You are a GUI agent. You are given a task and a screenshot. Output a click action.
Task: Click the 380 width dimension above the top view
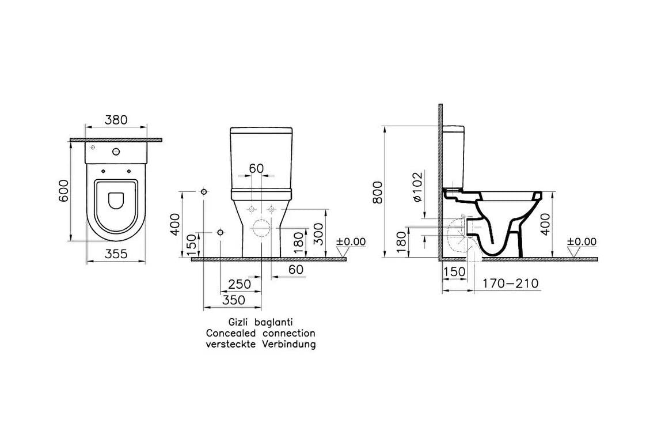coord(116,120)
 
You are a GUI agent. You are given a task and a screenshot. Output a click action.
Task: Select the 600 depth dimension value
coord(63,191)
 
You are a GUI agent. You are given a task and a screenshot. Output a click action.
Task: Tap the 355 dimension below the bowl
coord(116,254)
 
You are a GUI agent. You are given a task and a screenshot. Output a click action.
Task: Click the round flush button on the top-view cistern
coord(116,152)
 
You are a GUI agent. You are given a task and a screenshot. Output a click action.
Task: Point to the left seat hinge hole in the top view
coord(102,171)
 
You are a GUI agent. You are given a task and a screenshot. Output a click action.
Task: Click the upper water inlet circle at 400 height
coord(203,192)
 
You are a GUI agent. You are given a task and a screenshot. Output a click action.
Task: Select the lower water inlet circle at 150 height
coord(221,233)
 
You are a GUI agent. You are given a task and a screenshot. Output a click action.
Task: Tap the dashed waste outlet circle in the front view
coord(261,228)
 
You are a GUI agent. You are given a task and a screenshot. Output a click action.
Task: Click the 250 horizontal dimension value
coord(240,284)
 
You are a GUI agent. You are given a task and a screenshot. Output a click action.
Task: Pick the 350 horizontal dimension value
coord(234,300)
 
